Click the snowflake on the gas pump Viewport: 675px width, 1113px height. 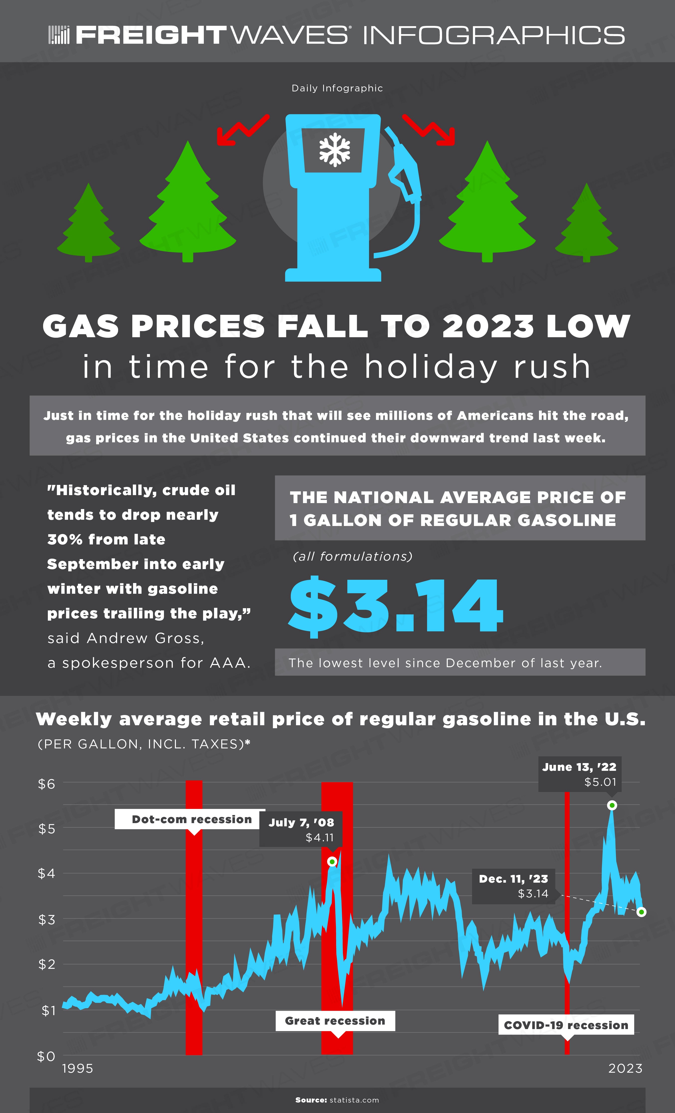tap(334, 149)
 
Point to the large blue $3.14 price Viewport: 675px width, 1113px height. tap(396, 606)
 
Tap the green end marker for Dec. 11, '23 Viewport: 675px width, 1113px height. tap(642, 912)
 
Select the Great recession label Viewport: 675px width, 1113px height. tap(335, 1021)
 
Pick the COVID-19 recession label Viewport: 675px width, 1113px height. tap(566, 1025)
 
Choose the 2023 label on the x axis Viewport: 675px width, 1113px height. tap(625, 1068)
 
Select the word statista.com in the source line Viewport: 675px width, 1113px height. tap(354, 1100)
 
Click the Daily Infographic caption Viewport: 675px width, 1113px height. tap(337, 88)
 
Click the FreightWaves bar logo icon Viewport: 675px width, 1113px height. tap(59, 35)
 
